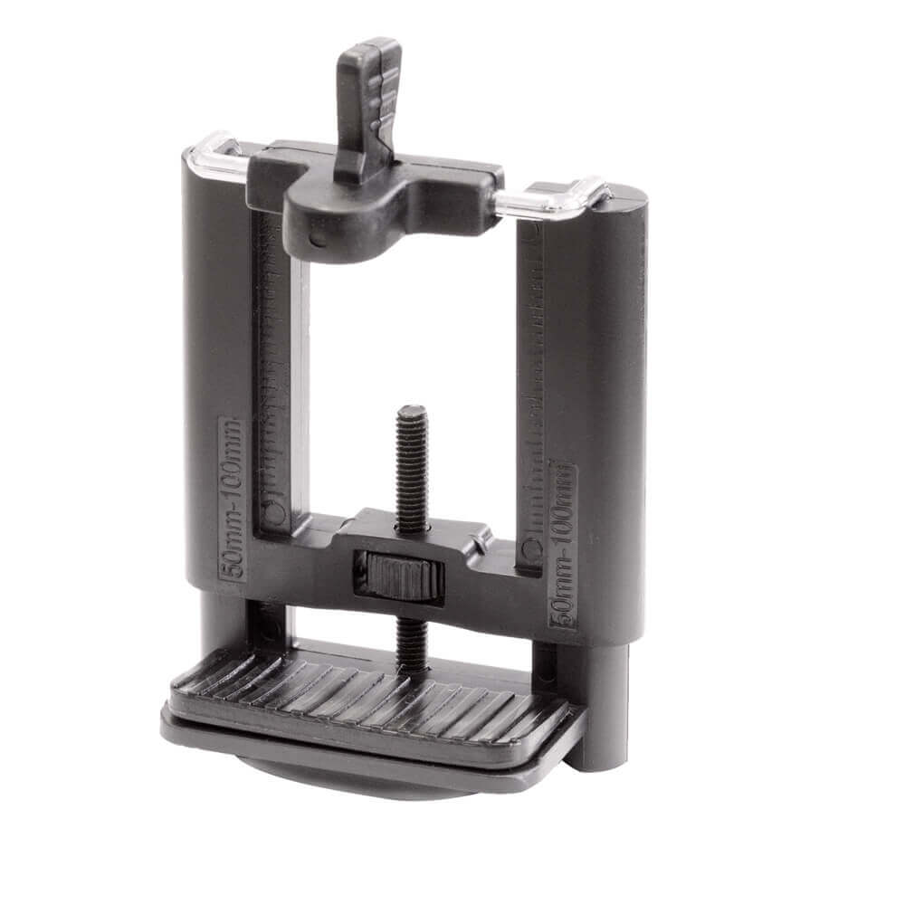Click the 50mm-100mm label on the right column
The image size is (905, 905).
click(563, 544)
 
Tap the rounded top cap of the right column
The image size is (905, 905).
click(624, 204)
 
